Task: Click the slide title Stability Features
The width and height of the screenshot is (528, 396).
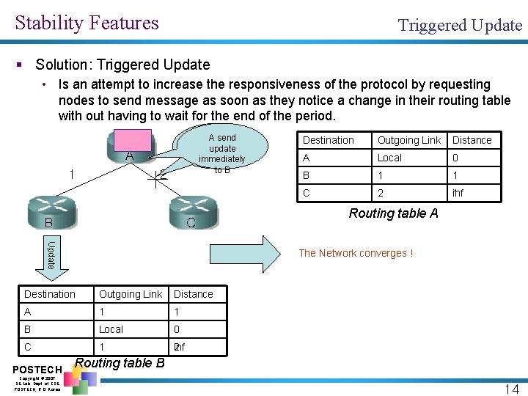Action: coord(87,23)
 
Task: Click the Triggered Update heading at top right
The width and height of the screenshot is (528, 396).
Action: coord(460,26)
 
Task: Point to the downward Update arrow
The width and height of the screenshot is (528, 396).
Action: coord(51,256)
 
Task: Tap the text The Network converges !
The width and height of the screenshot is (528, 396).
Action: coord(356,253)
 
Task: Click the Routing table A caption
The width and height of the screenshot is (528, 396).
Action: coord(394,213)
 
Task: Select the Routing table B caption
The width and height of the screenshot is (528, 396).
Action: coord(120,362)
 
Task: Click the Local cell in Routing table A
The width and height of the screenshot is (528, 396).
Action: coord(389,158)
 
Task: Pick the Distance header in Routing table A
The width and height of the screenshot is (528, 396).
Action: coord(472,140)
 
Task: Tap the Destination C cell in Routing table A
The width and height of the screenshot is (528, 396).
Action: coord(307,193)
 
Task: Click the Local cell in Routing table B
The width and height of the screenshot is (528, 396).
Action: coord(111,329)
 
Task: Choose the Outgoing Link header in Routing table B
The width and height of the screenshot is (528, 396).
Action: coord(131,294)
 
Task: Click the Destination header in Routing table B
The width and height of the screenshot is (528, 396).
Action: coord(50,294)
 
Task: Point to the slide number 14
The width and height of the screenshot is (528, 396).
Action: coord(511,389)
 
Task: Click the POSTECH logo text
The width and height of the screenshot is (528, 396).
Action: coord(37,368)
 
